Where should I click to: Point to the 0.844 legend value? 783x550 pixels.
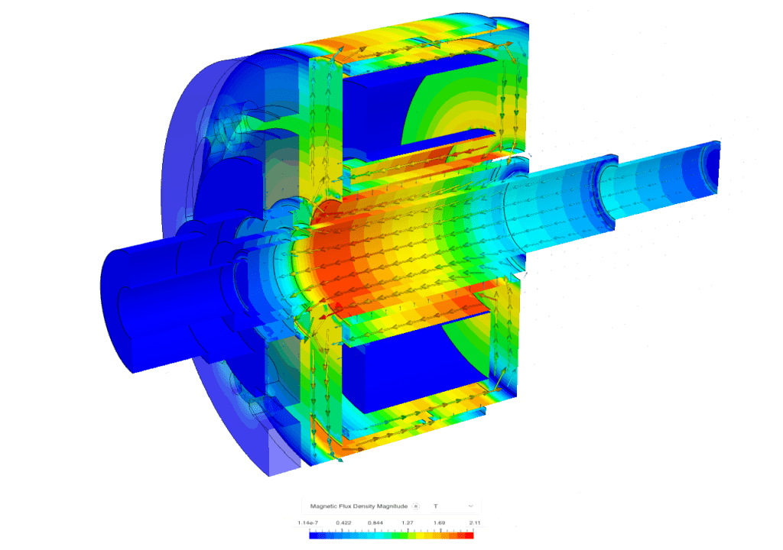[375, 523]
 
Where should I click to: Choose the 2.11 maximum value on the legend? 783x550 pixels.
[474, 523]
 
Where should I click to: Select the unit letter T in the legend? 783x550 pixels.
[435, 506]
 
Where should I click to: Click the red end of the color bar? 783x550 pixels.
[469, 535]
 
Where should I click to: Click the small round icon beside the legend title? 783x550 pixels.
[416, 506]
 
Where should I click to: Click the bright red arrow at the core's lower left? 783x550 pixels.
[325, 314]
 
